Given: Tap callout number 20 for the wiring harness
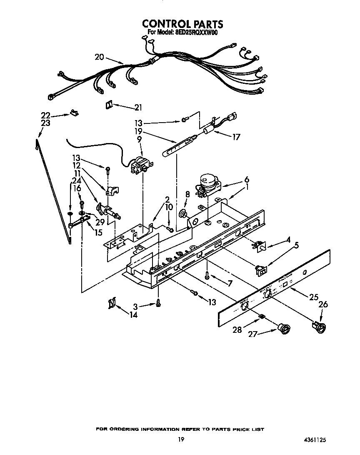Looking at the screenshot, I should pos(99,57).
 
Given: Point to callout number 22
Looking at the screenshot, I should pos(46,116).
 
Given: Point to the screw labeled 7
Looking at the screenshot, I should pos(206,274).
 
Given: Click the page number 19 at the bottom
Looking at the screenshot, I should pos(180,439).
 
